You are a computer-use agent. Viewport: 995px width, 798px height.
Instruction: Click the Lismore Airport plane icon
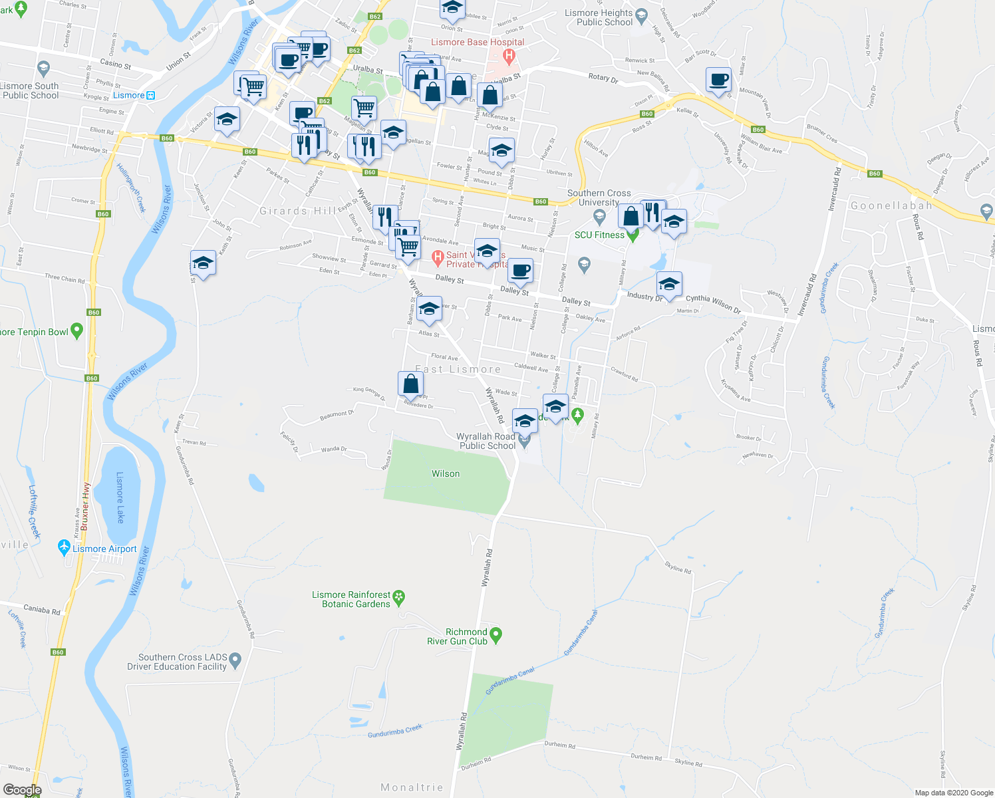64,548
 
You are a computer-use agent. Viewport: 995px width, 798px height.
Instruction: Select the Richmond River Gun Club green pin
496,635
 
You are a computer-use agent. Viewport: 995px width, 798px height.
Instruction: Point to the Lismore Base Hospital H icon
509,56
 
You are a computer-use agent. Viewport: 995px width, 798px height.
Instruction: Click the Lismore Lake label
120,497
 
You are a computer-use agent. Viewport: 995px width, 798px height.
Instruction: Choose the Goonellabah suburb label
891,206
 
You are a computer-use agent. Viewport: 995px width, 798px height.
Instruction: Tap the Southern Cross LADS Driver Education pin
235,661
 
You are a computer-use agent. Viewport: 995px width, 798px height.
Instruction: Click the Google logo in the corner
22,790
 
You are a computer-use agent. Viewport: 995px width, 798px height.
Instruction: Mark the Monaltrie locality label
412,787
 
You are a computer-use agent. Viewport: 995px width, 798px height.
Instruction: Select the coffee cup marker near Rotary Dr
718,80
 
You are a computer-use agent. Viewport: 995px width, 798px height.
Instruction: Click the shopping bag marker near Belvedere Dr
410,384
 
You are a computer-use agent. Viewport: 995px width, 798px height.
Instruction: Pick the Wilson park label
446,473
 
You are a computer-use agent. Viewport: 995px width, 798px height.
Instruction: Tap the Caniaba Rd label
42,609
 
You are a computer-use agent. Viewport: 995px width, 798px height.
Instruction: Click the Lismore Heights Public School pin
641,15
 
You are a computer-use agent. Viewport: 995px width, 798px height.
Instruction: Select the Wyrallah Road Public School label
487,441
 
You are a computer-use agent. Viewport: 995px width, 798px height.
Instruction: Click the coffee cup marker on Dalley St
520,271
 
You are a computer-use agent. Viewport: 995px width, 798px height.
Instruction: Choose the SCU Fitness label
599,235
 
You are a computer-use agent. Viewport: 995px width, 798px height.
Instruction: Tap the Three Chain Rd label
65,279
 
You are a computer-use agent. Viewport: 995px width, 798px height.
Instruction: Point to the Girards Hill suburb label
297,211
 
